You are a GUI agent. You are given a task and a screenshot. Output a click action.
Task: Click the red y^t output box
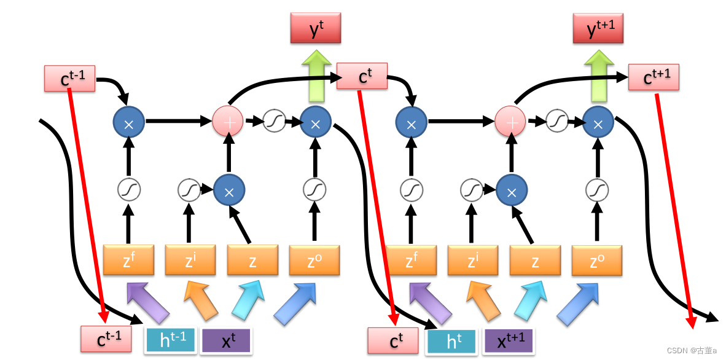pos(315,28)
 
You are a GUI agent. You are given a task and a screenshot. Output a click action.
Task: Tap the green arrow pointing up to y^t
pos(315,77)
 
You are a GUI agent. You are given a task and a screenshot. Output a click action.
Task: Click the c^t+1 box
pos(654,77)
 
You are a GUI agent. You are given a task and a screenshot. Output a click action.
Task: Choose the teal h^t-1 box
pos(171,339)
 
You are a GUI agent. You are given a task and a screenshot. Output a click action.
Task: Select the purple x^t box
pos(225,340)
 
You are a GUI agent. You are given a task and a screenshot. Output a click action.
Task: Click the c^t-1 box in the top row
pos(69,78)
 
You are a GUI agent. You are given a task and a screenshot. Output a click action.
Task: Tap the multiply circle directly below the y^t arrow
pos(315,123)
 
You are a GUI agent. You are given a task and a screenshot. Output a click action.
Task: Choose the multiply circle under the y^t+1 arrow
pos(598,123)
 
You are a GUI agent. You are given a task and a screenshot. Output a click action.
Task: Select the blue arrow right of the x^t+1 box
pos(577,303)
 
